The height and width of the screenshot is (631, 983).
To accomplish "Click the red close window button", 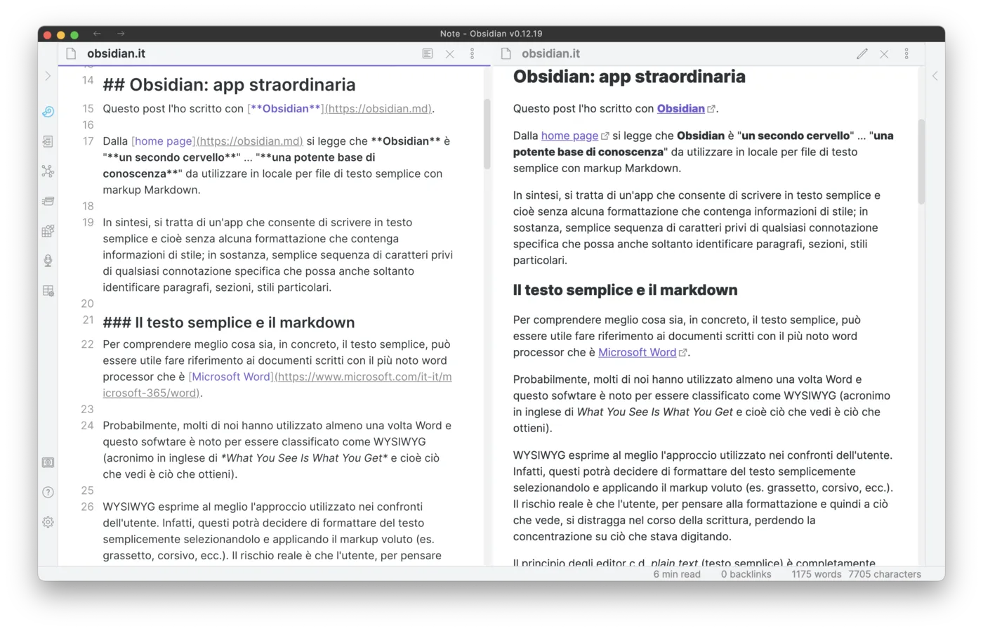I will point(47,34).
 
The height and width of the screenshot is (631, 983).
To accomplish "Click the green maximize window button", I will point(74,34).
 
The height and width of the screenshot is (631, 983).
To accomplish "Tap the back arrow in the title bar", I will point(97,34).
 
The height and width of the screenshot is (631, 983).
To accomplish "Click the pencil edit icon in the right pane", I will point(862,54).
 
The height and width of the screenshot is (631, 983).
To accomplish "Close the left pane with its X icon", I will point(450,54).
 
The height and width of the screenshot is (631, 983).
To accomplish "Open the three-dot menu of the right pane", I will point(906,54).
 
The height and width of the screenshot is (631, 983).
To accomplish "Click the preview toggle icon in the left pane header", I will point(428,54).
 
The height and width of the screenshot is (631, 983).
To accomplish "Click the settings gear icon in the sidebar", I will point(48,522).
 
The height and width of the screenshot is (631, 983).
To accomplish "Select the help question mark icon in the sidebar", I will point(48,493).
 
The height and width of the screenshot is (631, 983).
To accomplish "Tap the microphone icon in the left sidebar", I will point(48,261).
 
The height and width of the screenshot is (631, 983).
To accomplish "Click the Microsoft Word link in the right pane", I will point(637,352).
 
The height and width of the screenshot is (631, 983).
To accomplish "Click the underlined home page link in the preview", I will point(569,136).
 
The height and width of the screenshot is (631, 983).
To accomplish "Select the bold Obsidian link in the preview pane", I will point(680,108).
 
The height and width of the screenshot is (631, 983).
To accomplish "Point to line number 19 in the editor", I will point(88,223).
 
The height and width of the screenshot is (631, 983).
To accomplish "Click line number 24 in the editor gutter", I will point(88,426).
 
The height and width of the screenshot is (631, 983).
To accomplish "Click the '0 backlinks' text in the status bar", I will point(746,574).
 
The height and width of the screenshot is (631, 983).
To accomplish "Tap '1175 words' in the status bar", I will point(816,574).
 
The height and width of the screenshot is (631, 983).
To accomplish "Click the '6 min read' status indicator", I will point(677,574).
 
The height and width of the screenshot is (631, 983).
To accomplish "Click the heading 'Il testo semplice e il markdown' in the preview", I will point(625,290).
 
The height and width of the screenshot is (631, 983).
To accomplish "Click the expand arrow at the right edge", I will point(935,76).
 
